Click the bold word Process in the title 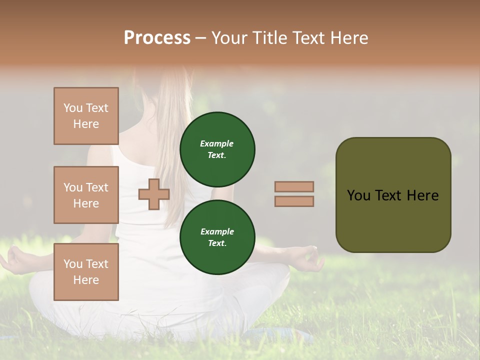(x=157, y=37)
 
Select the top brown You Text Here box (x=86, y=116)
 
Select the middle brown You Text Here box (x=86, y=195)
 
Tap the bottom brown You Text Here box (x=86, y=272)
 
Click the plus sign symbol (x=153, y=194)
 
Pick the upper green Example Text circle (x=217, y=149)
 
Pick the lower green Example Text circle (x=217, y=237)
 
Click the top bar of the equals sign (x=294, y=186)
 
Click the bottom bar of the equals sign (x=294, y=201)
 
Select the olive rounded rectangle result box (x=393, y=195)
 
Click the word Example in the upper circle (x=217, y=143)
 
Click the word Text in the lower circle (x=217, y=243)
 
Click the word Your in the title (x=229, y=37)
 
